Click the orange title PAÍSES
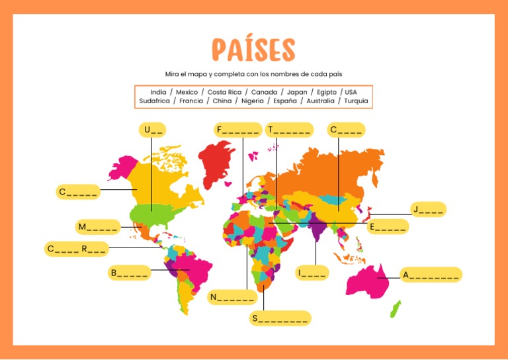pyautogui.click(x=253, y=50)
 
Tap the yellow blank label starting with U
pyautogui.click(x=152, y=130)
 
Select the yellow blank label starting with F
pyautogui.click(x=237, y=130)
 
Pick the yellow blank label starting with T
pyautogui.click(x=289, y=130)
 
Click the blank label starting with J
pyautogui.click(x=428, y=210)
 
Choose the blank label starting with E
pyautogui.click(x=388, y=227)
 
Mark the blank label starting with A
pyautogui.click(x=431, y=275)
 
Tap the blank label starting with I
pyautogui.click(x=312, y=273)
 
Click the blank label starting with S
pyautogui.click(x=280, y=319)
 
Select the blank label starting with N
pyautogui.click(x=232, y=297)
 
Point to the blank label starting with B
pyautogui.click(x=130, y=273)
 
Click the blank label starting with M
pyautogui.click(x=98, y=227)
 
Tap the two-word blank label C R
pyautogui.click(x=77, y=249)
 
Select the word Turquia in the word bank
pyautogui.click(x=357, y=101)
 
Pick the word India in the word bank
pyautogui.click(x=158, y=92)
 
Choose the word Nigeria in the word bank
pyautogui.click(x=252, y=101)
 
